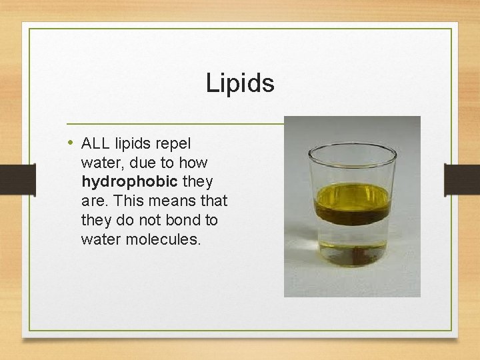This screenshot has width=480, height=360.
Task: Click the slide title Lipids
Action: pyautogui.click(x=239, y=83)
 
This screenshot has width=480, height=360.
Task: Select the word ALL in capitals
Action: pyautogui.click(x=95, y=143)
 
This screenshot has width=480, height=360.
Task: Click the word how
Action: pyautogui.click(x=193, y=163)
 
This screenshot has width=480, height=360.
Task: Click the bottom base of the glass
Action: pyautogui.click(x=352, y=262)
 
